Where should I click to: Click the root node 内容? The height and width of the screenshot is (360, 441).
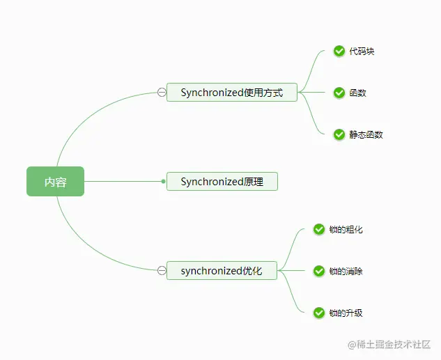coord(55,182)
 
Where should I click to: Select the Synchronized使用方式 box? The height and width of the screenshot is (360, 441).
coord(231,92)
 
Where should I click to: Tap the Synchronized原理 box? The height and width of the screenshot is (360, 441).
coord(222,182)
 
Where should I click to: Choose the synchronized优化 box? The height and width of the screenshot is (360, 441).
coord(222,271)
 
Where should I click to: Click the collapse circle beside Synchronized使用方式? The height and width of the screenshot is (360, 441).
coord(162,92)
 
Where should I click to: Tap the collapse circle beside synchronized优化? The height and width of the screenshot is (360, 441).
coord(162,271)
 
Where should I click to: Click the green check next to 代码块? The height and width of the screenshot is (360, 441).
coord(339,51)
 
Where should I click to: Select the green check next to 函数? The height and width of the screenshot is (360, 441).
coord(339,93)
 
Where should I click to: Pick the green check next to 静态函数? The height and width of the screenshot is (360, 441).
coord(339,134)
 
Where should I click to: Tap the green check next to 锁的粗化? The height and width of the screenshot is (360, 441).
coord(319,229)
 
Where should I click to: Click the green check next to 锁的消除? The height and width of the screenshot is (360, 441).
coord(319,271)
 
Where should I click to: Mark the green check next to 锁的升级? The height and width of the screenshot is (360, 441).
coord(319,313)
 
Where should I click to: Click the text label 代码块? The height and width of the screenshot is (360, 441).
coord(362,51)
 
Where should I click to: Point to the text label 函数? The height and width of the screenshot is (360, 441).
coord(357,93)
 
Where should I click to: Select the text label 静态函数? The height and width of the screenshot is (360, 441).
coord(366,134)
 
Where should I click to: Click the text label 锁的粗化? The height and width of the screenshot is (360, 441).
coord(346,229)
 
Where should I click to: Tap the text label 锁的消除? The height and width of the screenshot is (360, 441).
coord(346,271)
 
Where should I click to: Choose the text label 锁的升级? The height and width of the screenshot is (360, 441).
coord(346,313)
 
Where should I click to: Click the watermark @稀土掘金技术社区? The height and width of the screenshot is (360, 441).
coord(389,345)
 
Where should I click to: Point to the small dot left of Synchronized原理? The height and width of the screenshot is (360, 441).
coord(163,182)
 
